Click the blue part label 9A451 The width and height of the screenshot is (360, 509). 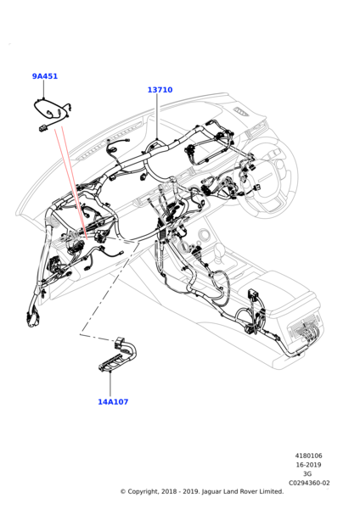[x=45, y=76]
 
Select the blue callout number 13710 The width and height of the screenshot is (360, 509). [x=160, y=90]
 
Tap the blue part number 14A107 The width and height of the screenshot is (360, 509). [x=113, y=402]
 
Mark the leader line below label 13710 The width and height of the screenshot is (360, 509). [x=157, y=117]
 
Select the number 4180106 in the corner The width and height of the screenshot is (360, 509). [x=309, y=456]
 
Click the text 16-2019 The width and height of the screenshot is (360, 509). [x=309, y=465]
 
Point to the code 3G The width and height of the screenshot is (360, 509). [x=307, y=474]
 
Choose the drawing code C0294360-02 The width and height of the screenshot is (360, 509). [x=309, y=483]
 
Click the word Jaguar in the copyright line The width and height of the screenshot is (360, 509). [x=212, y=492]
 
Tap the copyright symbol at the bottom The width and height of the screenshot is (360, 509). [x=123, y=492]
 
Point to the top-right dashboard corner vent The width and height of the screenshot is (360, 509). [x=242, y=111]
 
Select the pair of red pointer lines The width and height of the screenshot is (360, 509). [x=70, y=182]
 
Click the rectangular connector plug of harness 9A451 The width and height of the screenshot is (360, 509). [x=42, y=129]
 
